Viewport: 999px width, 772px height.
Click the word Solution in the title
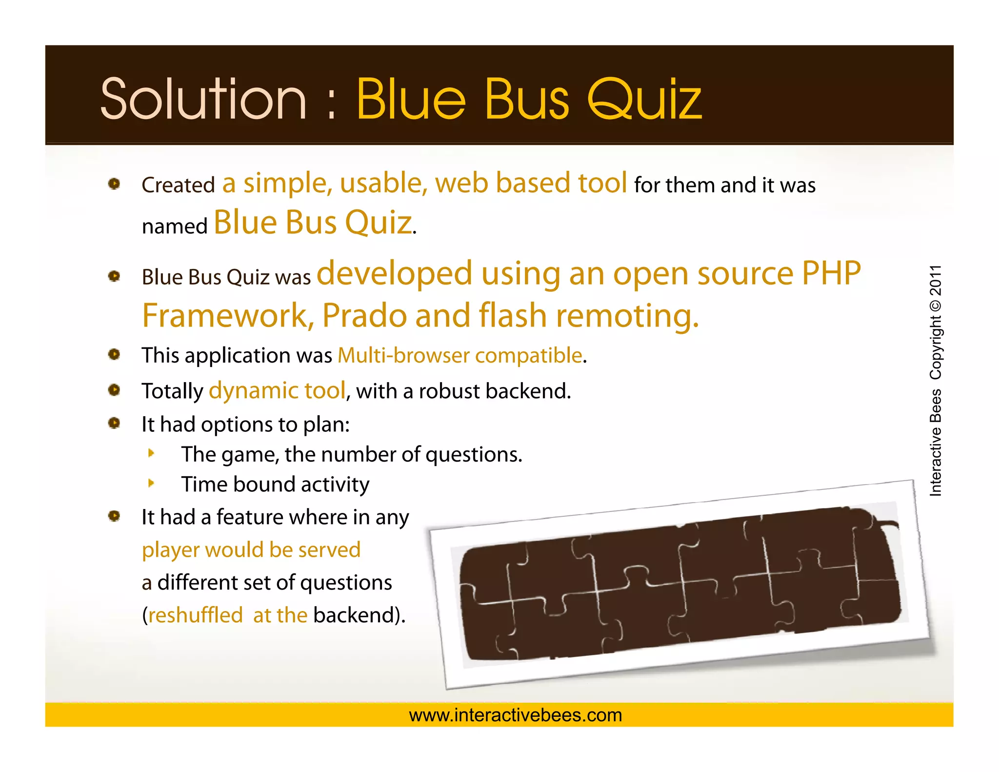pos(203,100)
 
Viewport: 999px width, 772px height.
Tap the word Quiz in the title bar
pos(644,100)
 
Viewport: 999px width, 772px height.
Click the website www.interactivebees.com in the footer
pos(515,715)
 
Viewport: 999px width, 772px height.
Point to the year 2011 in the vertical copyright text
pos(935,281)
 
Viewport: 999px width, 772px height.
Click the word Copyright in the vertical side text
pos(935,347)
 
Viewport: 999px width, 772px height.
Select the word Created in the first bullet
pos(178,185)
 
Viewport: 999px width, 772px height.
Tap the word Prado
pos(364,316)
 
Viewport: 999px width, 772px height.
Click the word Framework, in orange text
pos(228,316)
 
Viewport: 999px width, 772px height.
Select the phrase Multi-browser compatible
pos(460,355)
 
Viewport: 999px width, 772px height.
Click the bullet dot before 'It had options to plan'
pos(114,423)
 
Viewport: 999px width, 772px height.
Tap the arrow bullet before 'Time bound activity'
pos(151,483)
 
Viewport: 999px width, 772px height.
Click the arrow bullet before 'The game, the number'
pos(151,453)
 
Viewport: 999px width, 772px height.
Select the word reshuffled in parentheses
pos(195,615)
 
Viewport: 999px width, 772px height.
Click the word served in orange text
pos(329,550)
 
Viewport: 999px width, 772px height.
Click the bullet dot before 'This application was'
pos(114,354)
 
